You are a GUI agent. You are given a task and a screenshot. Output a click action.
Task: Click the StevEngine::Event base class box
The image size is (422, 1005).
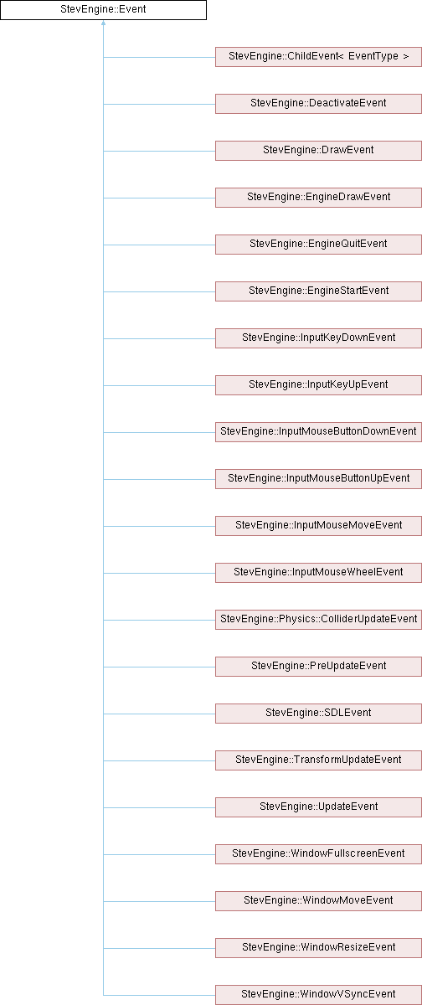pos(103,10)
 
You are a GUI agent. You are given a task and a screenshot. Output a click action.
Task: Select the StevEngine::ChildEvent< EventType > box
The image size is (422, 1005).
pos(318,57)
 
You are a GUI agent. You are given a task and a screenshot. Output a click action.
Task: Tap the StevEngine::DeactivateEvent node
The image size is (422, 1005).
pos(318,104)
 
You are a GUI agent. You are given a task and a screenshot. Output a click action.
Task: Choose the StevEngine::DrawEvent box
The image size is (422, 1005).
pos(318,151)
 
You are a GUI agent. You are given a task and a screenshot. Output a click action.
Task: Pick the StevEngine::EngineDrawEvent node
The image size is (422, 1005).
pos(318,198)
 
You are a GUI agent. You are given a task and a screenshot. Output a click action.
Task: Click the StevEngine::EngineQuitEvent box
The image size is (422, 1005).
pos(318,245)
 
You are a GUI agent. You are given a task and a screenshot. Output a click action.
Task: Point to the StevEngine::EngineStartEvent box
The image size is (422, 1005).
pos(318,291)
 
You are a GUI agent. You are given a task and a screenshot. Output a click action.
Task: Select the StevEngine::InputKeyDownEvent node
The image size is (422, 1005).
pos(318,338)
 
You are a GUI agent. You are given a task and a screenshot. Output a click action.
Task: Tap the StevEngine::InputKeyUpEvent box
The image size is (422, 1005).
pos(318,385)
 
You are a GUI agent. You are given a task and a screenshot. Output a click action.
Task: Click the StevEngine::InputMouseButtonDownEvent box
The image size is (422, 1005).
pos(318,432)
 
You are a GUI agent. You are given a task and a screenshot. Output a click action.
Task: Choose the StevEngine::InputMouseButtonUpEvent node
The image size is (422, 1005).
pos(318,479)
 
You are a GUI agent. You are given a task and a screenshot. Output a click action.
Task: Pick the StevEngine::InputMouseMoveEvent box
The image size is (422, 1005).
pos(318,526)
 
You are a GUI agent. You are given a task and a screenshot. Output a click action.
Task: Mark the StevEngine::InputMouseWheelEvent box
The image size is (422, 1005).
pos(318,573)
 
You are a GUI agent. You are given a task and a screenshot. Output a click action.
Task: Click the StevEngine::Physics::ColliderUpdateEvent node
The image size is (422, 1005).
pos(318,620)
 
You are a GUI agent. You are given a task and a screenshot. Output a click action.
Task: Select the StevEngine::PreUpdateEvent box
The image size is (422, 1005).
pos(318,667)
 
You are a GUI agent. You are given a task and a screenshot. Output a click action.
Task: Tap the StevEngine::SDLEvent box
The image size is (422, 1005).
pos(318,714)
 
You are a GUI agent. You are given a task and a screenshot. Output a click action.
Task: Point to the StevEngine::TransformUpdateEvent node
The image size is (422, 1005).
pos(318,760)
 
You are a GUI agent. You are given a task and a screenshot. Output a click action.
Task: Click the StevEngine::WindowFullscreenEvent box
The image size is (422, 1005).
pos(318,853)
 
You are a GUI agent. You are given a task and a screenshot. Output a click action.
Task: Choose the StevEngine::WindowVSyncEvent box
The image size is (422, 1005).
pos(318,995)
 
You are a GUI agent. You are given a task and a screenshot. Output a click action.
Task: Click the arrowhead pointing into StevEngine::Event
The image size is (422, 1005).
pos(103,23)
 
